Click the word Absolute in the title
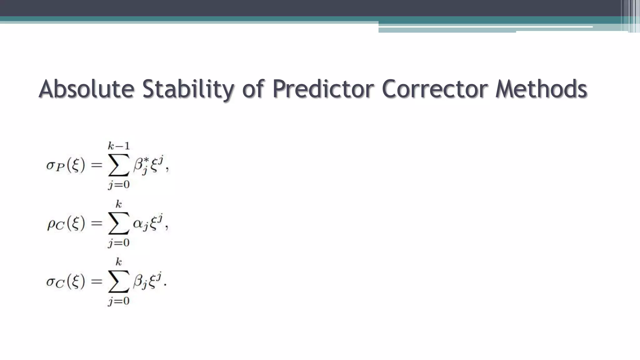coord(87,89)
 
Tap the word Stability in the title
coord(188,89)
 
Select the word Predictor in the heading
coord(323,89)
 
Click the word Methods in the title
coord(541,89)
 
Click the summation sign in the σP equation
coord(119,165)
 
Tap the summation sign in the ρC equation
coord(119,223)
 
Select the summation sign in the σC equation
coord(119,281)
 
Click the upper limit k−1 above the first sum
coord(119,146)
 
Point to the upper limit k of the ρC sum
coord(119,204)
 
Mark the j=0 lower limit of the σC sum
coord(119,301)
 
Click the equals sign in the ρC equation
coord(97,223)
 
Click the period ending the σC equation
coord(165,285)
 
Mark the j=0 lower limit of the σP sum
coord(119,184)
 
